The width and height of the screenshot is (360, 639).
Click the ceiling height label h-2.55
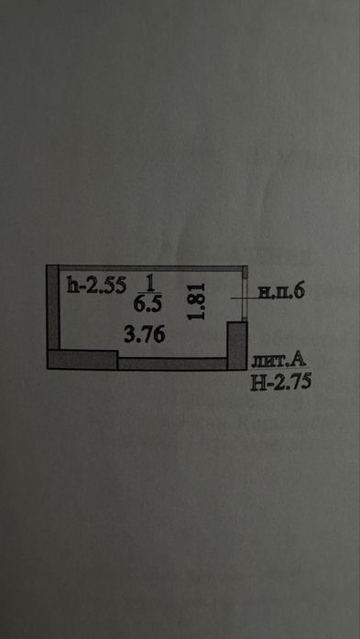tap(95, 286)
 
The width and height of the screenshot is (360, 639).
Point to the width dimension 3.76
tap(145, 336)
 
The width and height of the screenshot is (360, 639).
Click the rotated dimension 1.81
tap(195, 301)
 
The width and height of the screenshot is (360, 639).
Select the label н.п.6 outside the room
tap(279, 292)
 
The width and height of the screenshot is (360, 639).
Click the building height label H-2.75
tap(280, 382)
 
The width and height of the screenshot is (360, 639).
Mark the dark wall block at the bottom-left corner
tap(82, 359)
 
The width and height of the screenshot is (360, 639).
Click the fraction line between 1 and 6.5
tap(148, 292)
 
